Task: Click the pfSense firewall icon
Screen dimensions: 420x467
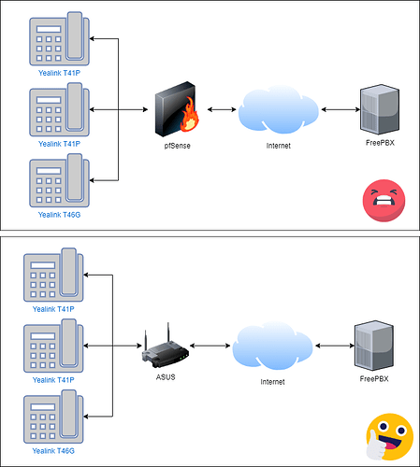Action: pos(177,109)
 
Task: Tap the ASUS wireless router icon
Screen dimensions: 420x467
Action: pos(166,347)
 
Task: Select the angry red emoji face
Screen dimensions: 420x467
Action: pos(384,201)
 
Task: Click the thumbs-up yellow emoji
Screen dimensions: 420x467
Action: pos(389,437)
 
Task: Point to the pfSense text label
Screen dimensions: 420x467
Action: pos(177,146)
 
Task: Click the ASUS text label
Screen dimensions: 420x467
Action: pos(166,377)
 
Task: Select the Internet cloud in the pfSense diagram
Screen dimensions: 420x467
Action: pos(279,109)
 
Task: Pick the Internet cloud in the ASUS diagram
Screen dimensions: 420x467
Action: pos(272,346)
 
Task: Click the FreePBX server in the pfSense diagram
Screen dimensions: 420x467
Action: pos(380,109)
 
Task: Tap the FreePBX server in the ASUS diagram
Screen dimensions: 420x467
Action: pos(374,346)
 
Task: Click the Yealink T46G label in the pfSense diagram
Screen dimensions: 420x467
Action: pos(59,215)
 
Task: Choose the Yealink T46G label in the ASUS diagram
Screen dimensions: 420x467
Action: pos(53,451)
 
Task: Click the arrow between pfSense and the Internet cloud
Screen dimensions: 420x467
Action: pos(222,109)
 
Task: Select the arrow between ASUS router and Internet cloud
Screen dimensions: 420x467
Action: pos(210,346)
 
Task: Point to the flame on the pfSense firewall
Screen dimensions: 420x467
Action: pos(190,114)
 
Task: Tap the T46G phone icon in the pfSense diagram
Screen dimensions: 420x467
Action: pos(59,180)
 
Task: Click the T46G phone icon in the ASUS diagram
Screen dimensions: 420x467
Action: pos(53,417)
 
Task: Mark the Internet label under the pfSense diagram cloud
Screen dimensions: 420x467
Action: pos(279,146)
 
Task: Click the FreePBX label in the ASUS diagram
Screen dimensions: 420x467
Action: pos(374,379)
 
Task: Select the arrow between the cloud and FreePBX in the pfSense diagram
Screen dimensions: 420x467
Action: pos(340,109)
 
